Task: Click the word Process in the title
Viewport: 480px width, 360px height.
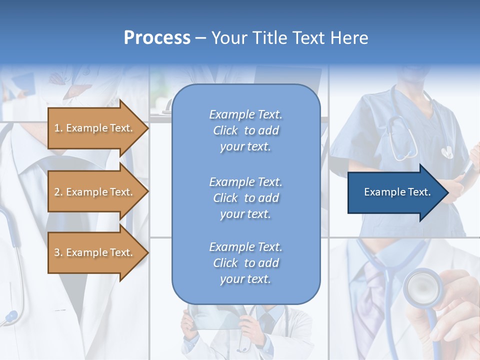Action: tap(157, 38)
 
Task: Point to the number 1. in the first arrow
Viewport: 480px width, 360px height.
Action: tap(58, 128)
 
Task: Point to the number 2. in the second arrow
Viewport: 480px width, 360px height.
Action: tap(58, 192)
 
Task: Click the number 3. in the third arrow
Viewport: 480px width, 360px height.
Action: tap(58, 252)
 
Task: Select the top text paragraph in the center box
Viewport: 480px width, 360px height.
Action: tap(245, 130)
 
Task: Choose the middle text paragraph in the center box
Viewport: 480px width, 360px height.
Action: tap(245, 198)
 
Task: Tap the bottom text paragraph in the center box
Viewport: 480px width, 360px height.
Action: tap(245, 263)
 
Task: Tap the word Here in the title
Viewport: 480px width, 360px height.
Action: tap(349, 38)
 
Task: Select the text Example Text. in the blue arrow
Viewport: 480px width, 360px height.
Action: tap(397, 192)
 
